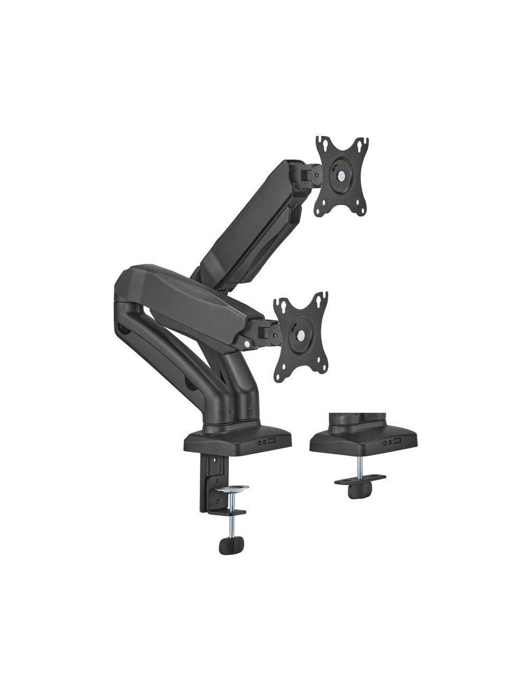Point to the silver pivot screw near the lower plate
pos(246,344)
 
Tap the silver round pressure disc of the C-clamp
pos(234,488)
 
